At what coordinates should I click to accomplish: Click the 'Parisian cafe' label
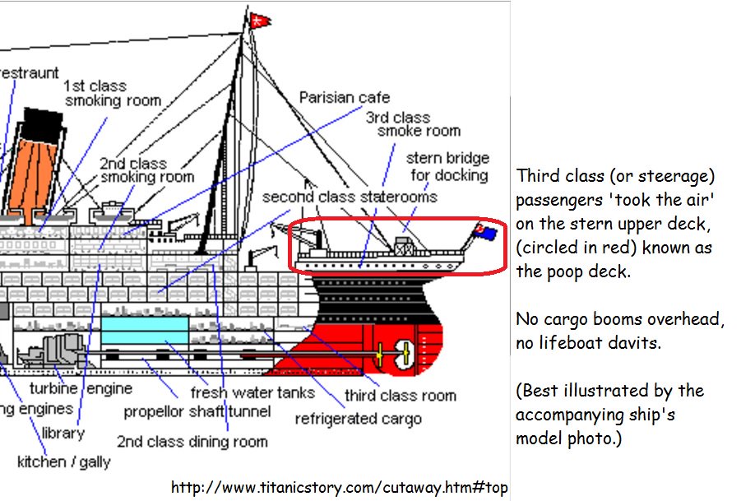click(344, 97)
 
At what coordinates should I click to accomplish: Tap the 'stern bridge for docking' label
click(447, 166)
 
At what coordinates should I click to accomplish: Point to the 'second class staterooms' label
click(350, 197)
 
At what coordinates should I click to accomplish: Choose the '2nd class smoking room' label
click(147, 170)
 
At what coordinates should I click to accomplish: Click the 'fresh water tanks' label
click(252, 392)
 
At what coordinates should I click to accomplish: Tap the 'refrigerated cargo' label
click(358, 418)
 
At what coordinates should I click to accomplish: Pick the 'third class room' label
click(400, 396)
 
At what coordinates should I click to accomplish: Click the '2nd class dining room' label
click(192, 442)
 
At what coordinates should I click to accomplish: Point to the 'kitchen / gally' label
click(63, 462)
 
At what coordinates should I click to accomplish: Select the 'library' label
click(63, 433)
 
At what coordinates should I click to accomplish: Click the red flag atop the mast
click(259, 19)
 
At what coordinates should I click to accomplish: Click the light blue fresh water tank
click(144, 331)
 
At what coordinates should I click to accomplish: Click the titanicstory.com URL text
click(339, 487)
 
